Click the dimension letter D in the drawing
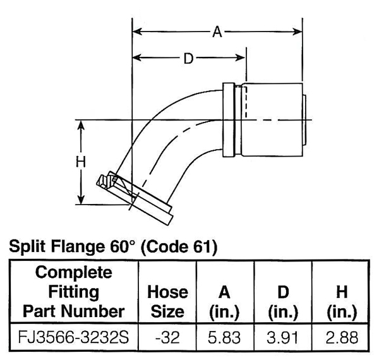[188, 59]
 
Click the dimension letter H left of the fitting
[81, 162]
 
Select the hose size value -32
[167, 338]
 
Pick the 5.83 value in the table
[225, 338]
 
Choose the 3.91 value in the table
[282, 338]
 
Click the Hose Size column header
[167, 301]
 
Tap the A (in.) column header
[225, 301]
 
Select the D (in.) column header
[282, 301]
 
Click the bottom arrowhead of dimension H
[81, 200]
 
